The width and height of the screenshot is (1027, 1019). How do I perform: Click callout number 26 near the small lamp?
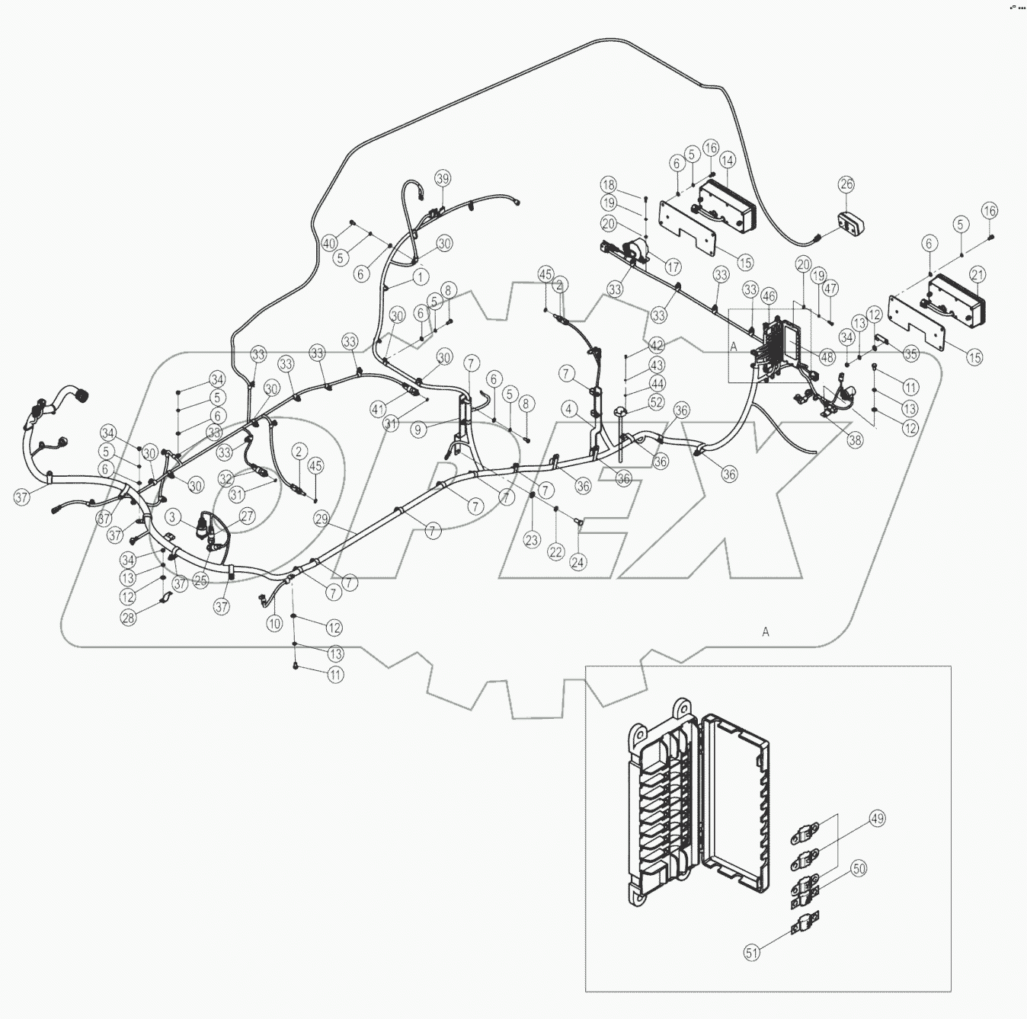click(x=847, y=184)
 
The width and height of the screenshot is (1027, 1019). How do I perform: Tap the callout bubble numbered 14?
click(x=727, y=161)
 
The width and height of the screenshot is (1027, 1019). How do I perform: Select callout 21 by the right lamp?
click(x=979, y=273)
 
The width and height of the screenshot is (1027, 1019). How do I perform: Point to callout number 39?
click(x=443, y=178)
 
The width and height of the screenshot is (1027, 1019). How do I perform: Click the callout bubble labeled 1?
click(x=420, y=275)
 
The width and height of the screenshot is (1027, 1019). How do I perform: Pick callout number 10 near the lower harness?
click(x=274, y=623)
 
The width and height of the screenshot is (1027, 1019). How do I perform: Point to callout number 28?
click(x=129, y=618)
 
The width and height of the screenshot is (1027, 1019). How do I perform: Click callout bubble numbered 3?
click(x=174, y=518)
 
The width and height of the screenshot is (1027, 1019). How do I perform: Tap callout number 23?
click(x=531, y=540)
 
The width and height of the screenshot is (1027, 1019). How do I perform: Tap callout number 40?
click(x=328, y=244)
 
